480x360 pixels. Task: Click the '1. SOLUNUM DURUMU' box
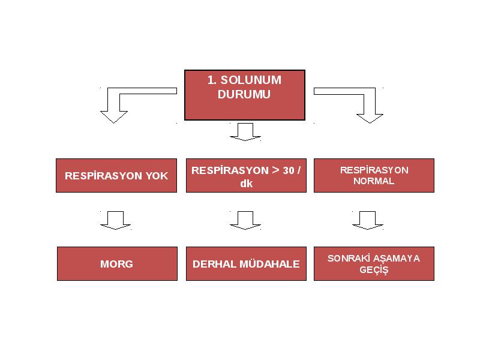[x=245, y=95]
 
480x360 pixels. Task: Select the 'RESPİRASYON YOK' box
[x=116, y=175]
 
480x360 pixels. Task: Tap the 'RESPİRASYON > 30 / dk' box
[x=246, y=175]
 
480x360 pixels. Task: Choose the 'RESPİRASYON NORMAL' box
[x=374, y=175]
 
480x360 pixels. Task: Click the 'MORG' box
[x=117, y=263]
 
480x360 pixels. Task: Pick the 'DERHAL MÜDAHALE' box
[x=246, y=263]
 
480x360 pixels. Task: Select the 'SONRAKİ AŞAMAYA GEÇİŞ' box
[x=374, y=263]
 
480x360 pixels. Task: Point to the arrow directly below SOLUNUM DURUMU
[x=245, y=132]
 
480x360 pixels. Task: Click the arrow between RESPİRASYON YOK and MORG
[x=115, y=220]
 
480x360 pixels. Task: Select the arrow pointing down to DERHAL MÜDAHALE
[x=245, y=220]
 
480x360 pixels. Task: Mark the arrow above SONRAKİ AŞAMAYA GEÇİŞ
[x=368, y=220]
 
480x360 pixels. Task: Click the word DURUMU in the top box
[x=244, y=94]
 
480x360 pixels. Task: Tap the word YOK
[x=157, y=176]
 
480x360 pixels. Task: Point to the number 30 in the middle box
[x=289, y=170]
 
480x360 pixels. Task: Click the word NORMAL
[x=374, y=181]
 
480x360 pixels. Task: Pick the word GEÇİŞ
[x=374, y=270]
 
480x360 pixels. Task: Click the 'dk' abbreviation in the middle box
[x=247, y=184]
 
